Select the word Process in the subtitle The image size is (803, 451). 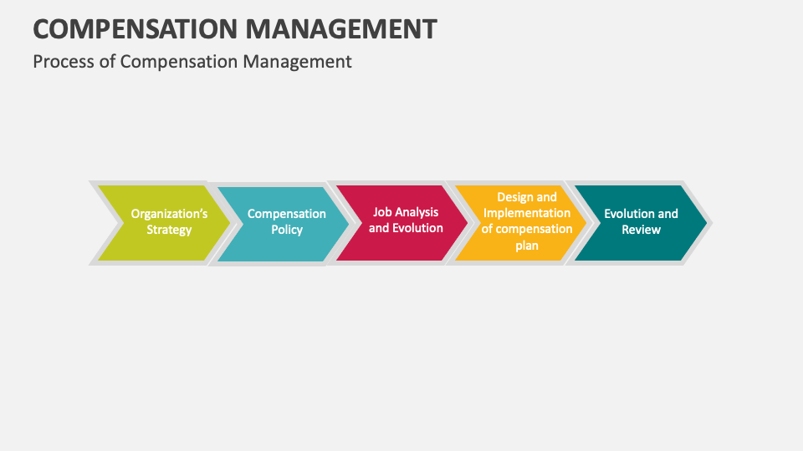coord(64,62)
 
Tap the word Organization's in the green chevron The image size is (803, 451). coord(169,214)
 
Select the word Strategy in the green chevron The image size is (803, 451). coord(169,230)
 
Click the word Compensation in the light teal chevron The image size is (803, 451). coord(286,214)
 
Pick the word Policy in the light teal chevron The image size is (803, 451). coord(286,230)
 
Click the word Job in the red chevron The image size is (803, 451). coord(382,212)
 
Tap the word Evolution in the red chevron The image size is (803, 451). coord(417,228)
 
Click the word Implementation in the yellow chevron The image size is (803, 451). coord(527,213)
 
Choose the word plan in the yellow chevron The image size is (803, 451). coord(527,246)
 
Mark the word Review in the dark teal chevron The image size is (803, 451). coord(641,230)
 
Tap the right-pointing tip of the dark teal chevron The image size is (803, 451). coord(705,223)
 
